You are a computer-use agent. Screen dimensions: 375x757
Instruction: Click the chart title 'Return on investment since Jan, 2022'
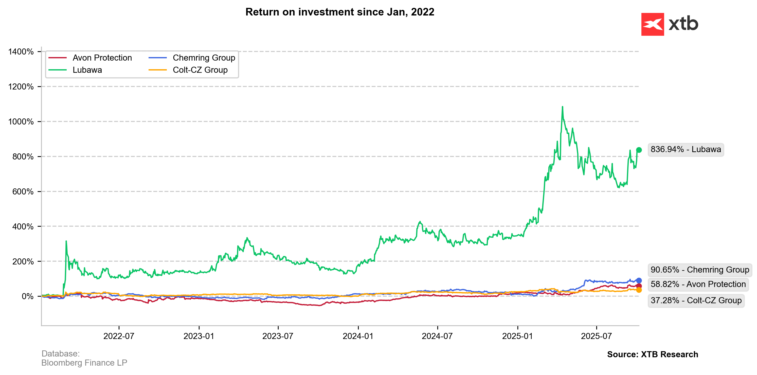coord(340,12)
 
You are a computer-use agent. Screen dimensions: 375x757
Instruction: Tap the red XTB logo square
coord(652,24)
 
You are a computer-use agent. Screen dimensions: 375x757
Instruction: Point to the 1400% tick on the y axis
coord(21,52)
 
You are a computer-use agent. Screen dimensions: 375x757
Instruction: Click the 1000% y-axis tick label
coord(21,122)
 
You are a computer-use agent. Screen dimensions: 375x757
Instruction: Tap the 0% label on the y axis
coord(28,296)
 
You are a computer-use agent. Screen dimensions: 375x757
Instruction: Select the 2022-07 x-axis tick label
coord(119,336)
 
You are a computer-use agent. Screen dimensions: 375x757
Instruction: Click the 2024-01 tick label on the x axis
coord(358,336)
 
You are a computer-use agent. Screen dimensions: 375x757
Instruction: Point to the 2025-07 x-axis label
coord(596,336)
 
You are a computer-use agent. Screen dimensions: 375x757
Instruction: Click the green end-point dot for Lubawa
coord(639,150)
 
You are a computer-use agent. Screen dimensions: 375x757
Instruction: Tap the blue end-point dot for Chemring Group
coord(639,280)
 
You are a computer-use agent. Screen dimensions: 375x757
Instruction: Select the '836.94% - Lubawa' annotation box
coord(686,150)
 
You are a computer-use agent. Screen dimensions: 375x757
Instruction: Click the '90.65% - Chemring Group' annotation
coord(700,270)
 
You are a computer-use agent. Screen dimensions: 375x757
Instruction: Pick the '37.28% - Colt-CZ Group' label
coord(696,300)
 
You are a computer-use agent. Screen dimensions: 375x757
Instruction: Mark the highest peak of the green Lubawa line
coord(563,107)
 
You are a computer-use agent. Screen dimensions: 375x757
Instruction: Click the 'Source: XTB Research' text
coord(652,354)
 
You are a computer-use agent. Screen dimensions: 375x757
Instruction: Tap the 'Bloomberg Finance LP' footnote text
coord(84,363)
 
